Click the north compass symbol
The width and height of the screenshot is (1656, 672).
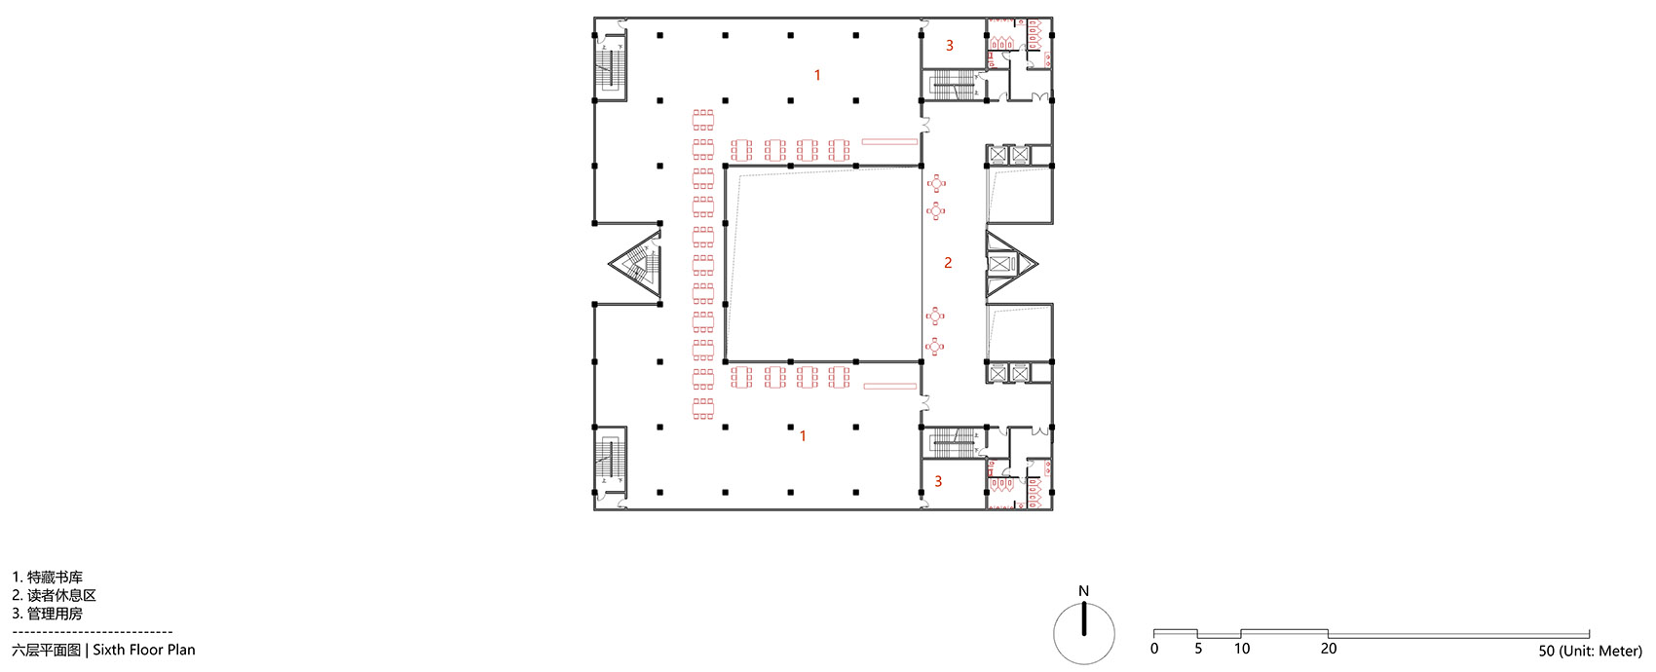[x=1084, y=634]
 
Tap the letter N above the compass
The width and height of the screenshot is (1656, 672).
[x=1084, y=591]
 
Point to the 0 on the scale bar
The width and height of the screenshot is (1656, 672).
[x=1154, y=649]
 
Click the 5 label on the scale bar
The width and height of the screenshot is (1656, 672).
[x=1198, y=649]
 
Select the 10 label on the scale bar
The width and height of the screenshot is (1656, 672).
[x=1242, y=649]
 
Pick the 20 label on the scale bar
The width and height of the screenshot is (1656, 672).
[x=1329, y=649]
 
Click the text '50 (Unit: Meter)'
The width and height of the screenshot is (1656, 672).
[x=1590, y=652]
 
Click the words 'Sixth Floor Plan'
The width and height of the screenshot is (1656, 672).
[x=144, y=650]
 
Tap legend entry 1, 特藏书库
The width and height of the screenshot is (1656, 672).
[x=48, y=578]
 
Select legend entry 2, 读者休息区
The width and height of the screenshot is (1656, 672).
[x=54, y=595]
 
